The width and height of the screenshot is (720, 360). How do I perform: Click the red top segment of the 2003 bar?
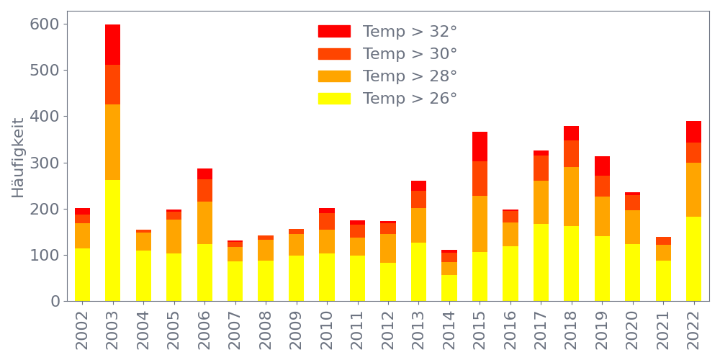point(112,45)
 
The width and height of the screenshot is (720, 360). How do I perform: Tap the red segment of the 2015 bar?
point(480,146)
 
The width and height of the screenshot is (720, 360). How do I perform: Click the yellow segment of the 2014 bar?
point(449,287)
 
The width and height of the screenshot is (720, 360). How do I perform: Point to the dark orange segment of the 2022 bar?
point(693,153)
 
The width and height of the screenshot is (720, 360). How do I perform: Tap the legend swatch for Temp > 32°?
point(334,32)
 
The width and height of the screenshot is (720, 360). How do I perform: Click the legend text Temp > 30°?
point(410,54)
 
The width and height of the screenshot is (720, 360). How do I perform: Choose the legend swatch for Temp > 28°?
point(334,76)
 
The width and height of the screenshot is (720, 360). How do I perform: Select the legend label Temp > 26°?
point(410,99)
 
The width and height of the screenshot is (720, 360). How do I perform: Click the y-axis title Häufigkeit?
point(18,157)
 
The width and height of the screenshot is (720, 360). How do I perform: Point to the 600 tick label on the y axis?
point(44,24)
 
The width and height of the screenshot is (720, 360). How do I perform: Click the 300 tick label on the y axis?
point(44,163)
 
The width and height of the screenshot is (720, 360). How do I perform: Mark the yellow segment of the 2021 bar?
point(663,281)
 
